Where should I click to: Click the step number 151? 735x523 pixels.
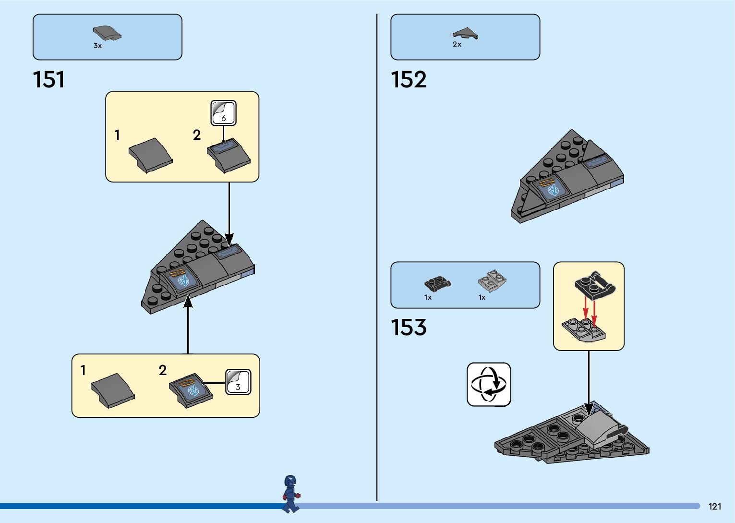coord(48,80)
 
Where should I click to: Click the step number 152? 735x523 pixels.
coord(409,80)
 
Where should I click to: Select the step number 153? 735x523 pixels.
coord(409,328)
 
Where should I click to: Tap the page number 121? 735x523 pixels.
coord(715,506)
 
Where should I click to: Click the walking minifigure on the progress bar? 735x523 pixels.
coord(290,494)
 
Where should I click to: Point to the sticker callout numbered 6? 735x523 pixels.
coord(224,113)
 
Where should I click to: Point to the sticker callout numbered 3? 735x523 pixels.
coord(238,382)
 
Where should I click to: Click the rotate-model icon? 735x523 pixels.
coord(489,384)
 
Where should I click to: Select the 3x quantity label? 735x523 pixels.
coord(97,46)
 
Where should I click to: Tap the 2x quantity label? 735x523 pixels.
coord(457,44)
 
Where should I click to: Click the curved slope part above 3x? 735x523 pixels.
coord(107,33)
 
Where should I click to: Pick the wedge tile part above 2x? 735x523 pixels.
coord(465,33)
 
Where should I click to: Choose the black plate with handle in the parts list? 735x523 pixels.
coord(437,283)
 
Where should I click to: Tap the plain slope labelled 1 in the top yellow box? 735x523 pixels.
coord(150,155)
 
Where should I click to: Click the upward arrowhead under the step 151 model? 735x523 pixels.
coord(188,302)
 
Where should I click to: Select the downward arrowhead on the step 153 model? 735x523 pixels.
coord(589,409)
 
